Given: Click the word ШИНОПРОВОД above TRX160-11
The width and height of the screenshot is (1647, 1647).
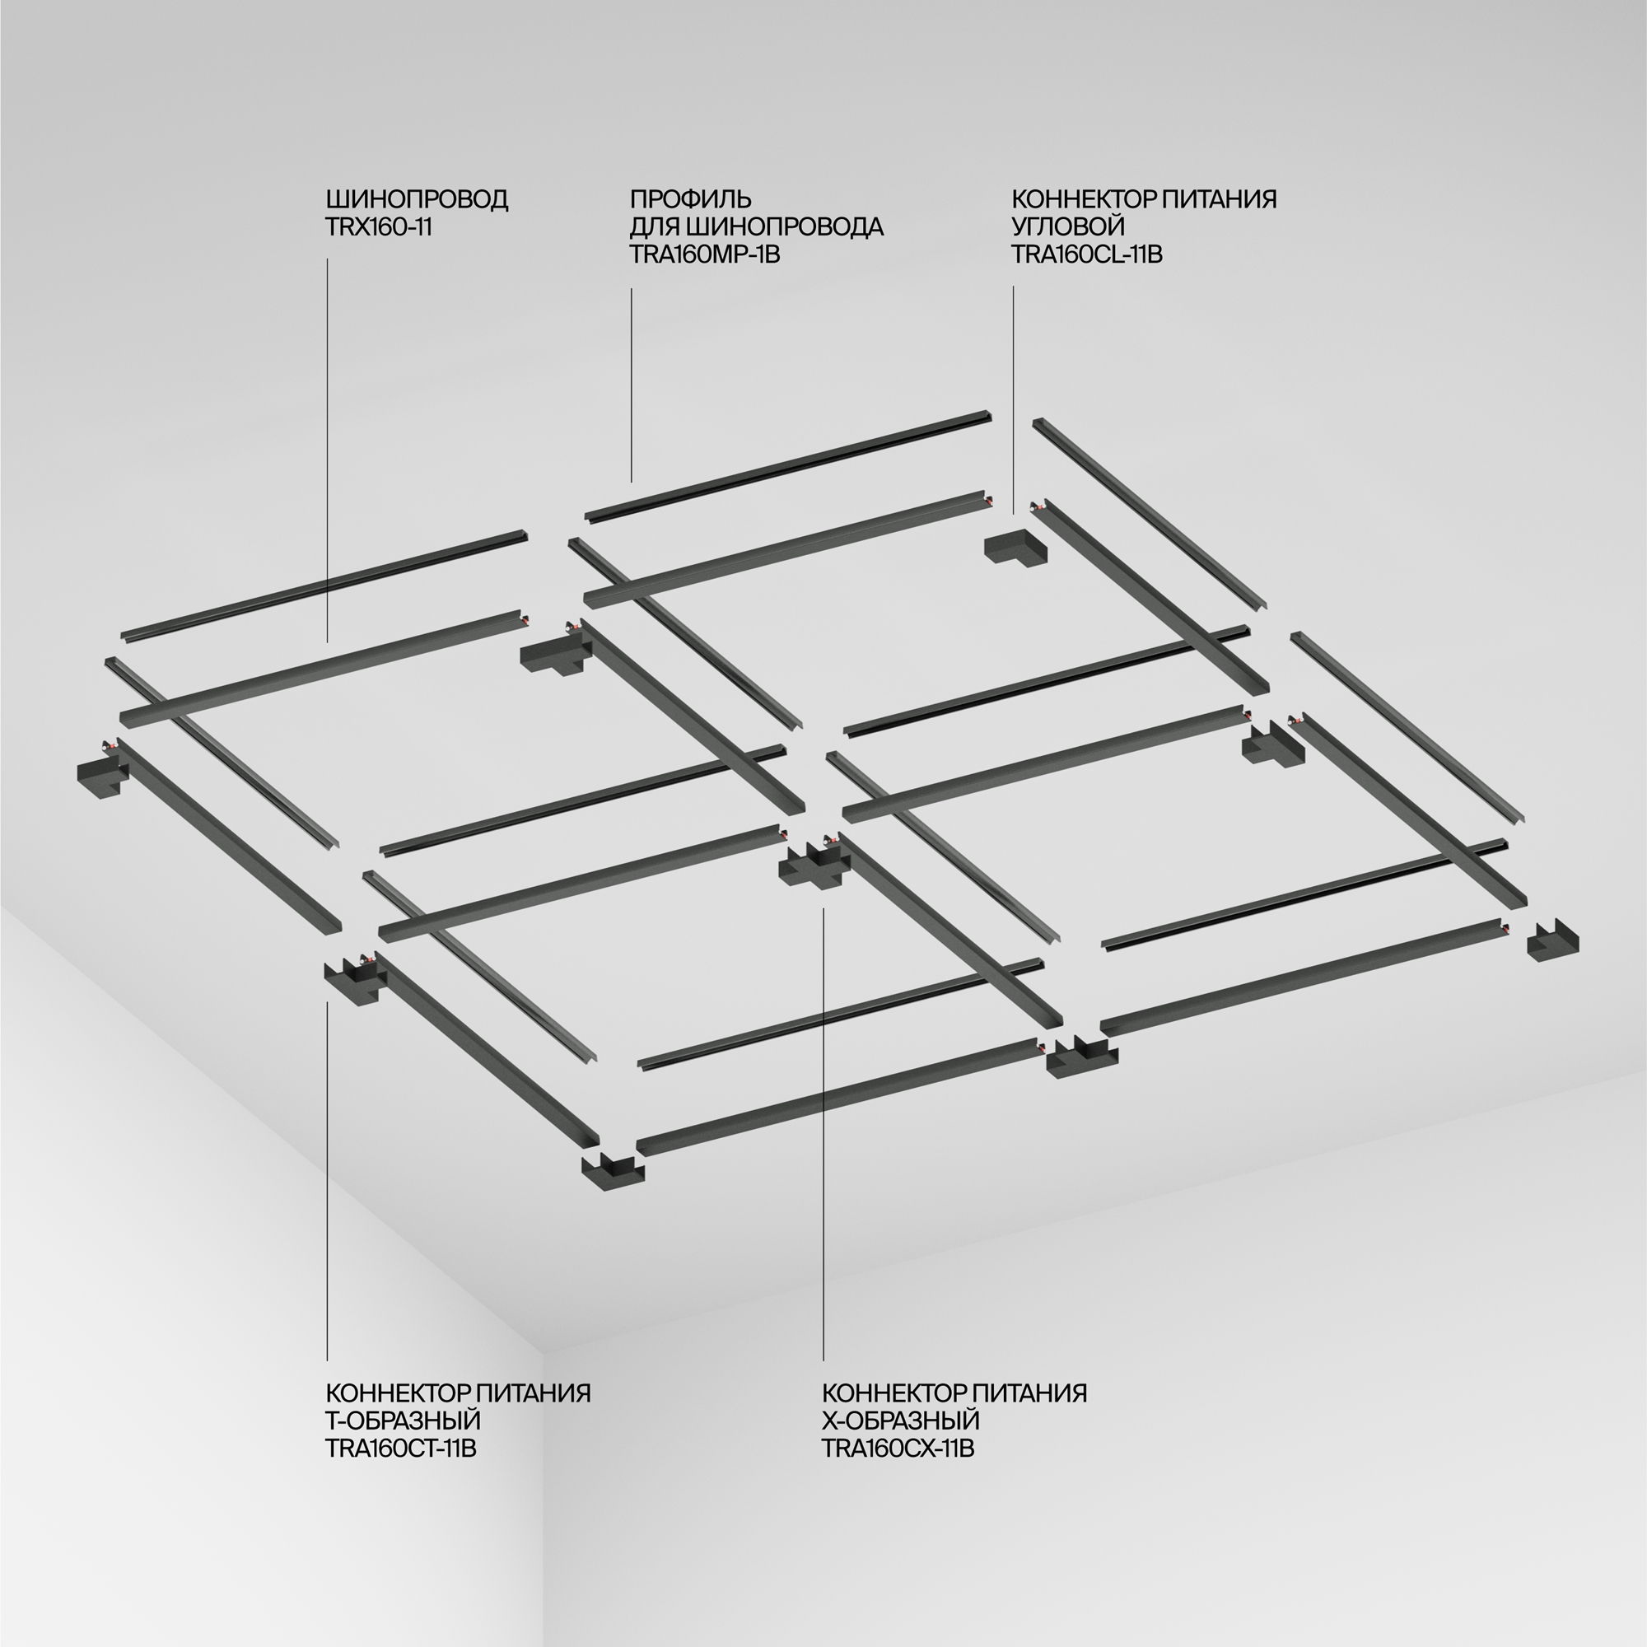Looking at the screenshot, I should coord(417,199).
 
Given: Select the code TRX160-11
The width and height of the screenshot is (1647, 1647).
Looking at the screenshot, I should coord(379,227).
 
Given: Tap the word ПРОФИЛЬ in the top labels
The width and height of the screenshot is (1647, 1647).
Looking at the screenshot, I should coord(691,199).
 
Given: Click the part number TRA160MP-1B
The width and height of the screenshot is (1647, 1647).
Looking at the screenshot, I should coord(705,254).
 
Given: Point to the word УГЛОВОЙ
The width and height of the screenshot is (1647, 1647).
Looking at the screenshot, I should coord(1068,226).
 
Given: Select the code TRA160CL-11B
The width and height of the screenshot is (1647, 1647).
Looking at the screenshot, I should coord(1087,254).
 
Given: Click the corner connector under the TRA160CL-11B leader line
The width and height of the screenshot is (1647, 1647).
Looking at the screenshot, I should coord(1015,548).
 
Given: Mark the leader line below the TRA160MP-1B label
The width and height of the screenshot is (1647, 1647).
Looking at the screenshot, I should coord(631,384).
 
